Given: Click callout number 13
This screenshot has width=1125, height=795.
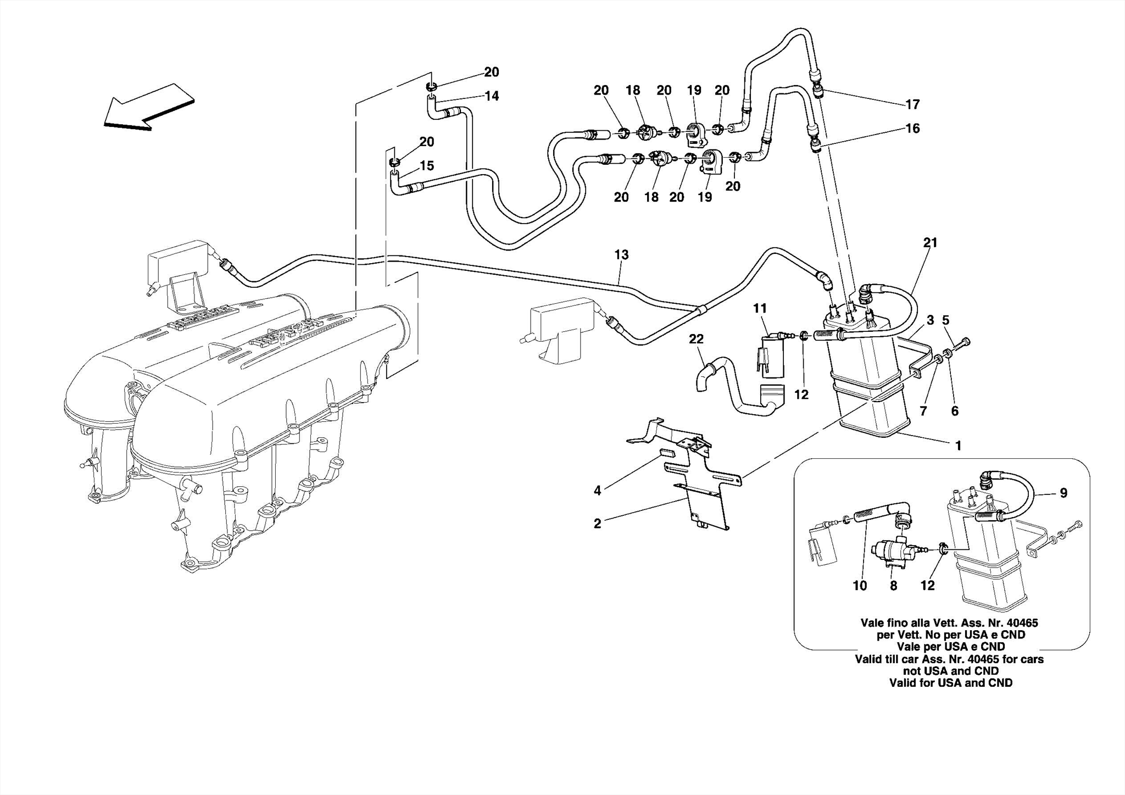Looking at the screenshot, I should click(x=621, y=255).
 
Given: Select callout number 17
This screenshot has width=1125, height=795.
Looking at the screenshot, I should click(x=912, y=104).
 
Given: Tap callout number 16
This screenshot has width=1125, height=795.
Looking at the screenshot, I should click(x=912, y=129).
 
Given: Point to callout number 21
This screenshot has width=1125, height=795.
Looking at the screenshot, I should click(x=930, y=242).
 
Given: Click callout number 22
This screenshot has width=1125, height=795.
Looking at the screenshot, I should click(x=696, y=339).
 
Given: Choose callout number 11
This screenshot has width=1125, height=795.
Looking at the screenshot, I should click(x=760, y=309).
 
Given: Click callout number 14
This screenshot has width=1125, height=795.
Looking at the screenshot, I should click(x=492, y=96).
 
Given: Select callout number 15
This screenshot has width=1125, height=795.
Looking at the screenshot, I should click(x=427, y=165).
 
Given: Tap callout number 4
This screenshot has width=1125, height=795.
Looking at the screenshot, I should click(x=598, y=491).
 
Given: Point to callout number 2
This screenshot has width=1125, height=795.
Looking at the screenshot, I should click(x=598, y=524).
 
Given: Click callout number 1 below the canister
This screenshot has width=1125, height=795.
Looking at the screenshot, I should click(x=959, y=446).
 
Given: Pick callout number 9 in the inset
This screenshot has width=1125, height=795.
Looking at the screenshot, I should click(x=1063, y=493).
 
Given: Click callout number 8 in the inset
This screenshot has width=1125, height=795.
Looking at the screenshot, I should click(x=894, y=586).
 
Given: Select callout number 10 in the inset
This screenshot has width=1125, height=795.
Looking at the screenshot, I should click(x=860, y=586).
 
